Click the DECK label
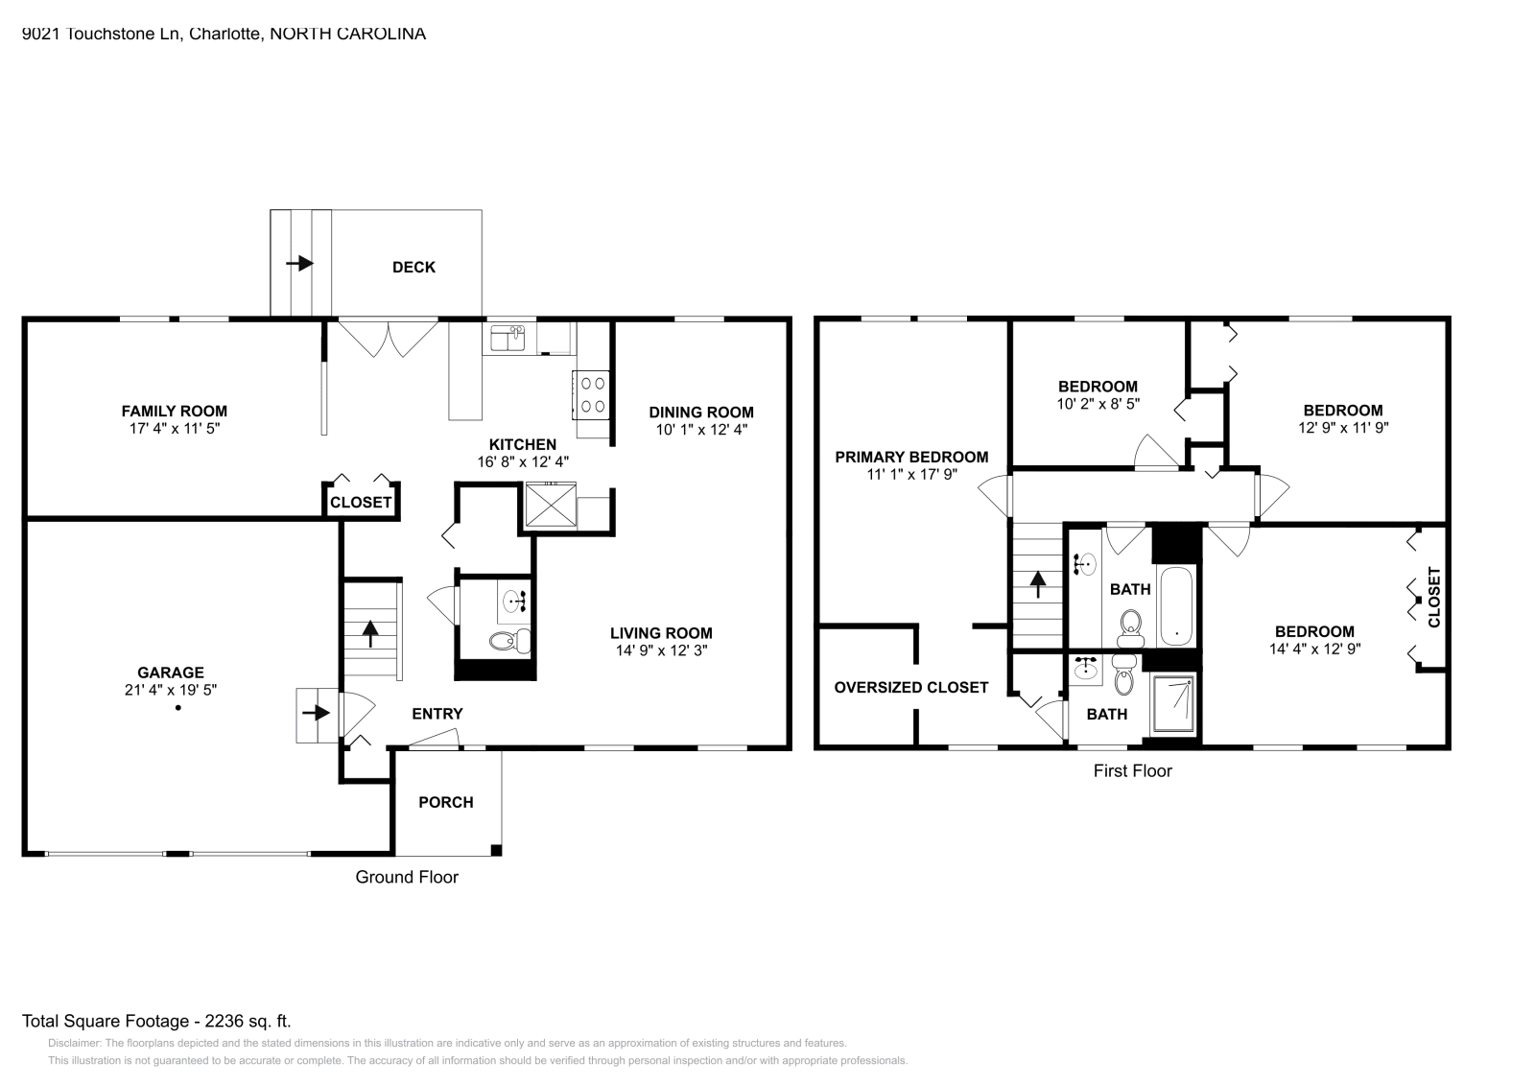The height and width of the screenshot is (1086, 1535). coord(413,268)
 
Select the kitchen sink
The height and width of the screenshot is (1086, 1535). coord(508,339)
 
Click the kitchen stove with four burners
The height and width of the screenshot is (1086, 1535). coord(592,395)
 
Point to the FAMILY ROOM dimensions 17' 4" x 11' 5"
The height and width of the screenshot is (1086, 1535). coord(174,429)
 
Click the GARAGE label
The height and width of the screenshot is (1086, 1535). coord(171,673)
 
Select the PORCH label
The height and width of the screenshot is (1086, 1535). coord(446,803)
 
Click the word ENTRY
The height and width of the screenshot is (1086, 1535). coord(437,714)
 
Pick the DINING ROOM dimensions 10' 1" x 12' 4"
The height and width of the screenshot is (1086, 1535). coord(701,430)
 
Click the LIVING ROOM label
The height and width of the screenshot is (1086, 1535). coord(661,633)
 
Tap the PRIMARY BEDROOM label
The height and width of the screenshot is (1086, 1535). coord(911,457)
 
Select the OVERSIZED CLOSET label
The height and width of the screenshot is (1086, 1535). coord(910,688)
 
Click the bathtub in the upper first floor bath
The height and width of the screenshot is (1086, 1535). coord(1175,607)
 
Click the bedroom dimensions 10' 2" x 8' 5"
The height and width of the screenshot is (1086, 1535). coord(1098,405)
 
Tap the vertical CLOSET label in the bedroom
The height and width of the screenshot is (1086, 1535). coord(1434,598)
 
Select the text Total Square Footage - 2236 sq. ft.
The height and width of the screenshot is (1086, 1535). coord(156,1022)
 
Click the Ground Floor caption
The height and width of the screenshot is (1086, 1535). coord(407,877)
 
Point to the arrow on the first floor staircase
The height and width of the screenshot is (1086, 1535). coord(1036,584)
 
